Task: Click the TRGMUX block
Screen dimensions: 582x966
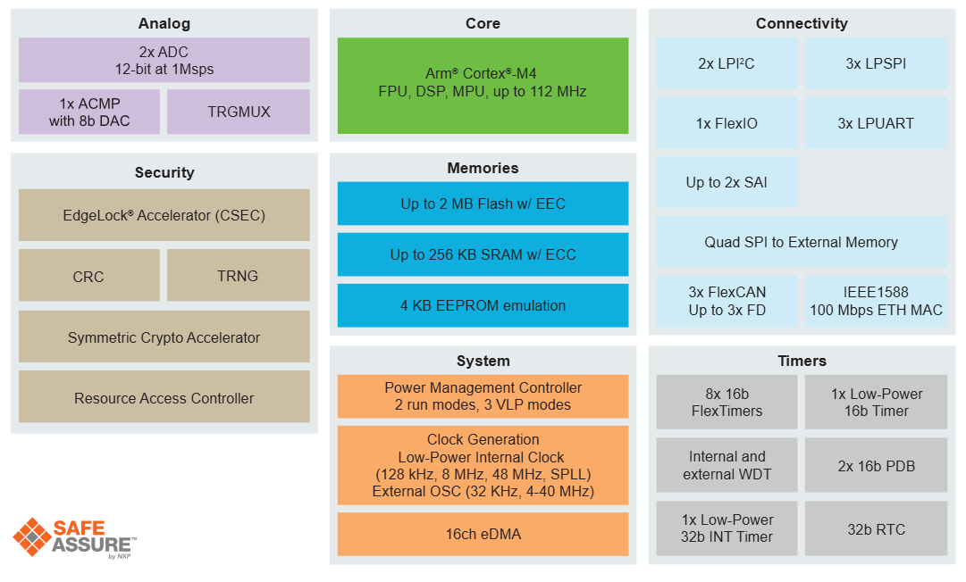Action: pyautogui.click(x=239, y=112)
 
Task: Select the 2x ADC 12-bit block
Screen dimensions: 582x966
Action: pyautogui.click(x=164, y=60)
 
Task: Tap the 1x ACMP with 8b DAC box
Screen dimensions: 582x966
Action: pyautogui.click(x=89, y=112)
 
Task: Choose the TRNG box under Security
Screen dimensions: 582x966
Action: pyautogui.click(x=238, y=276)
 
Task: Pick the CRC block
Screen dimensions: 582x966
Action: pyautogui.click(x=88, y=276)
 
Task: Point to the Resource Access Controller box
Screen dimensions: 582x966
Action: pyautogui.click(x=164, y=398)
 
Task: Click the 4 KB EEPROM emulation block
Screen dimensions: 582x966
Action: pyautogui.click(x=483, y=305)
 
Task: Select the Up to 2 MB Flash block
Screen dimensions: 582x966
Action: pyautogui.click(x=483, y=204)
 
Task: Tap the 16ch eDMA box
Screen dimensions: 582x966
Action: pyautogui.click(x=483, y=534)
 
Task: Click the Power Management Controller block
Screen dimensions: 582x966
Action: pyautogui.click(x=483, y=395)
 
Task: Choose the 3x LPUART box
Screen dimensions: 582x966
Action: pyautogui.click(x=876, y=123)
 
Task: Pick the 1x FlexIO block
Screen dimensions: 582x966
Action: pyautogui.click(x=727, y=123)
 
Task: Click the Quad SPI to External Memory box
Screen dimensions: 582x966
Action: pyautogui.click(x=801, y=242)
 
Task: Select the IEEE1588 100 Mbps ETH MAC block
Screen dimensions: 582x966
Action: pyautogui.click(x=876, y=301)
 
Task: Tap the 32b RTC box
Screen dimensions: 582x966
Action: pyautogui.click(x=876, y=528)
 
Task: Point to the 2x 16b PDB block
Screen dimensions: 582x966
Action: pyautogui.click(x=876, y=465)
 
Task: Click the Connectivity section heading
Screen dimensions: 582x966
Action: pyautogui.click(x=801, y=24)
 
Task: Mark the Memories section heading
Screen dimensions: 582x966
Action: pyautogui.click(x=483, y=168)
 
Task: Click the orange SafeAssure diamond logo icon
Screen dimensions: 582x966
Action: pyautogui.click(x=33, y=537)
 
